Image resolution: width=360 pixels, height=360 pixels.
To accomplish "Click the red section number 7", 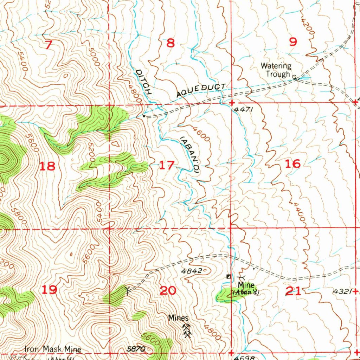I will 49,45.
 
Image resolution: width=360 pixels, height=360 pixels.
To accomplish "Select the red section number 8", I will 171,43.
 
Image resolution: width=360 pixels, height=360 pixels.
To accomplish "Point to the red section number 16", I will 293,163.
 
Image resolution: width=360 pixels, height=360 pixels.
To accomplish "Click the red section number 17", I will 167,165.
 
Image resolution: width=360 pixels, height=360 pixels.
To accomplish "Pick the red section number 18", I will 47,166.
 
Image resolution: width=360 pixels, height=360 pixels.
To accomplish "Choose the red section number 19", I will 49,290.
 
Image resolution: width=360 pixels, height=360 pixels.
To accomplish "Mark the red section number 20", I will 168,291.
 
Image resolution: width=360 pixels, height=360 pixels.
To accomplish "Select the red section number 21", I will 294,291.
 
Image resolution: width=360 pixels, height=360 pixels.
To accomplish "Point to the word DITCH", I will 143,83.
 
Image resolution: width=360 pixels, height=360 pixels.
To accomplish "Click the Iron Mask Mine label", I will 52,349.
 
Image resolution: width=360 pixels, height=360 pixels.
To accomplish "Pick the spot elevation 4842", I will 192,271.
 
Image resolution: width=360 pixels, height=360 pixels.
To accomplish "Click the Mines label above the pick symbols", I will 178,318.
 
